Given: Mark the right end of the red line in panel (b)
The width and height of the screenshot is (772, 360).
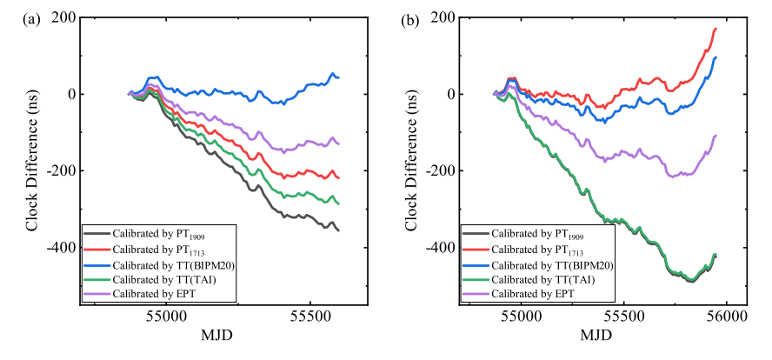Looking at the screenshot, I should point(715,29).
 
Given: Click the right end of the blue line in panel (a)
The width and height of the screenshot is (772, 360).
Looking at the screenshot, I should point(338,77).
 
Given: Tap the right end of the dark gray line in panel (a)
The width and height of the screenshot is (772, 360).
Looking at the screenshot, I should point(338,230).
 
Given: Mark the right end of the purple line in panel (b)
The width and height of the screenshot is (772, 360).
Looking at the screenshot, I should point(715,136).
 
